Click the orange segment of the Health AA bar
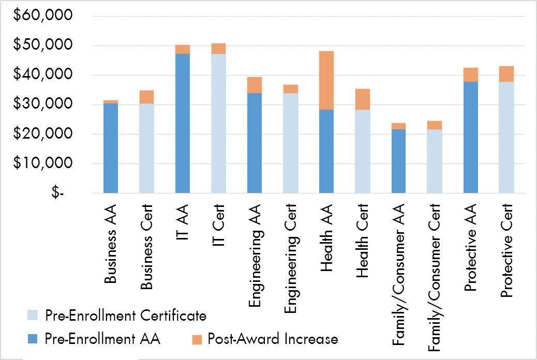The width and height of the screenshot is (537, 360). [x=326, y=80]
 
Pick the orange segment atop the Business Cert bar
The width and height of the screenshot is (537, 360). [x=146, y=97]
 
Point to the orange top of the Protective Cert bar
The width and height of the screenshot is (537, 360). [x=506, y=74]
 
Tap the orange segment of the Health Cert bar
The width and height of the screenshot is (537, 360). [x=362, y=99]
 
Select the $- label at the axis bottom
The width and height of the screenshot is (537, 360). [x=58, y=193]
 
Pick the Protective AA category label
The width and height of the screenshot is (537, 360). [x=470, y=248]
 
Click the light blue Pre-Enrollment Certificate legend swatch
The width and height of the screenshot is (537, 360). [x=33, y=316]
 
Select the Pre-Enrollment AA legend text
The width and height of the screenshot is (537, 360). [x=103, y=339]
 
